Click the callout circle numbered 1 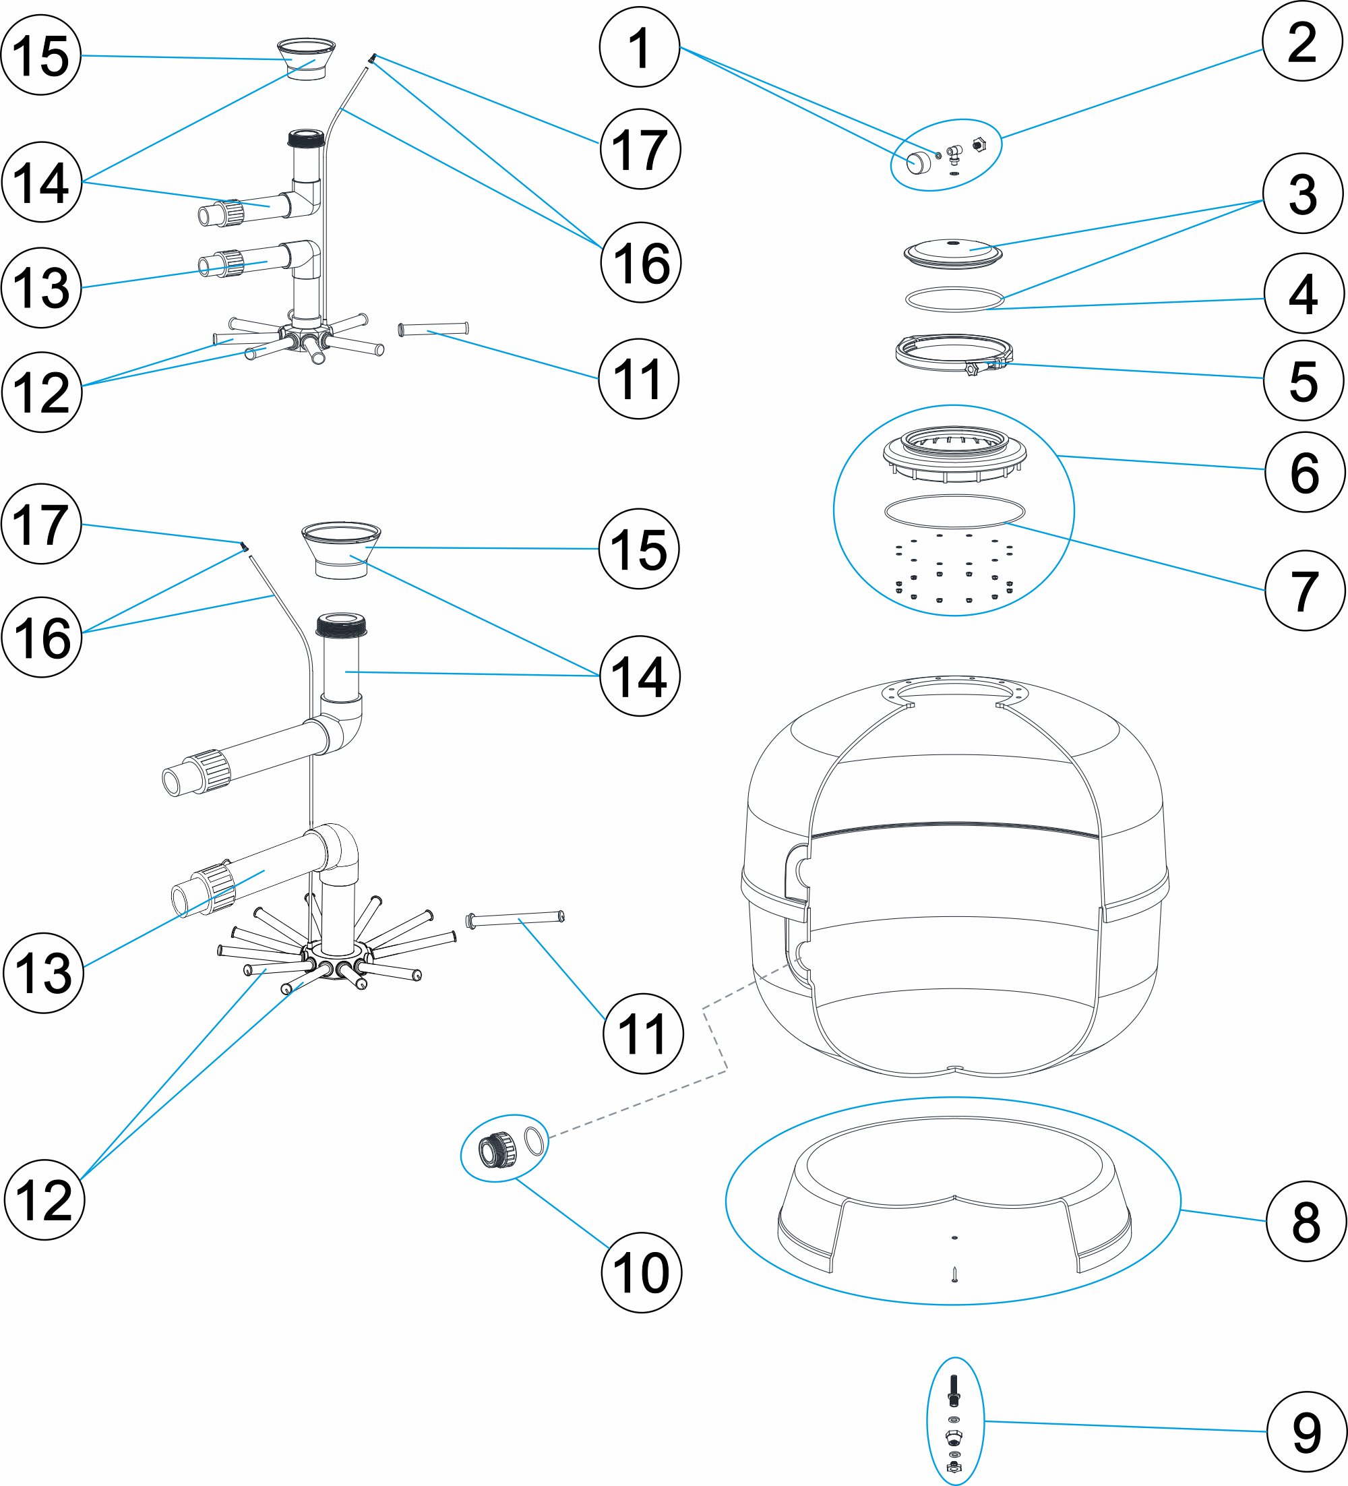point(639,47)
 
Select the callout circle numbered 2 point(1302,41)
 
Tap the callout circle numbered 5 point(1303,380)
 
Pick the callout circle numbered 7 point(1304,591)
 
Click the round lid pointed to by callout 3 point(953,252)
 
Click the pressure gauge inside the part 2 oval point(918,162)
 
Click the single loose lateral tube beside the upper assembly point(433,329)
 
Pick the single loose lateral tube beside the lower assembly point(515,918)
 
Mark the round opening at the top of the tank point(953,692)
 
